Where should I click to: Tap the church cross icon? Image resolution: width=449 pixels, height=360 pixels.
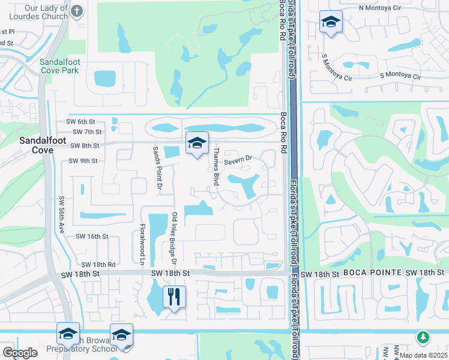[x=77, y=11]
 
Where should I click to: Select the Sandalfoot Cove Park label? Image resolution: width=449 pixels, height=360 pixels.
[x=59, y=66]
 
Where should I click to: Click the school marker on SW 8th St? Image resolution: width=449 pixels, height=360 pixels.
[x=196, y=143]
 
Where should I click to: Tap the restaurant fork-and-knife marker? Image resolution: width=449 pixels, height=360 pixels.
[x=174, y=296]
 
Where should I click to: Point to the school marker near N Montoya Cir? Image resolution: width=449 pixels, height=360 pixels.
[x=331, y=23]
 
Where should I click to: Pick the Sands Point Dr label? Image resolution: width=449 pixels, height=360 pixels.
[x=157, y=169]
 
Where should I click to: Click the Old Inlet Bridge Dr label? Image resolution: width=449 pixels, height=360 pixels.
[x=174, y=238]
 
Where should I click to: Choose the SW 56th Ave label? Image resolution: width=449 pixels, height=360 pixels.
[x=61, y=214]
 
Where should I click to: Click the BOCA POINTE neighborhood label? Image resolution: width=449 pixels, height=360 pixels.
[x=372, y=273]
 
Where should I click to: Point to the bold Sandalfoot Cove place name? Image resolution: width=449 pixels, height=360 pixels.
[x=28, y=145]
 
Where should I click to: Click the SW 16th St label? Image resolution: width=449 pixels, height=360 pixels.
[x=91, y=237]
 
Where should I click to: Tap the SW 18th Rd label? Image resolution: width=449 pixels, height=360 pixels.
[x=98, y=264]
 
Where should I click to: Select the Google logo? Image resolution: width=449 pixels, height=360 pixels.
[x=20, y=353]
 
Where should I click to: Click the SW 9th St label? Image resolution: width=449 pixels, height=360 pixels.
[x=83, y=161]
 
